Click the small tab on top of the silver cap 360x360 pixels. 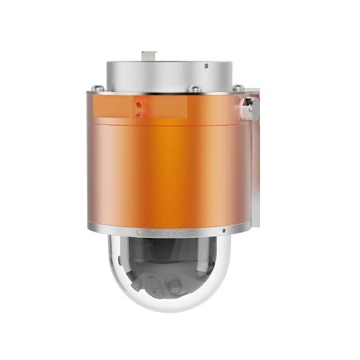click(147, 55)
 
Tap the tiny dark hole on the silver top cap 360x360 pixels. click(205, 66)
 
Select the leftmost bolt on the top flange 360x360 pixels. click(98, 88)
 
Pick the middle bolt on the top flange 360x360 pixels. click(194, 89)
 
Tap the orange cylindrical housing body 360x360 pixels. click(168, 168)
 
